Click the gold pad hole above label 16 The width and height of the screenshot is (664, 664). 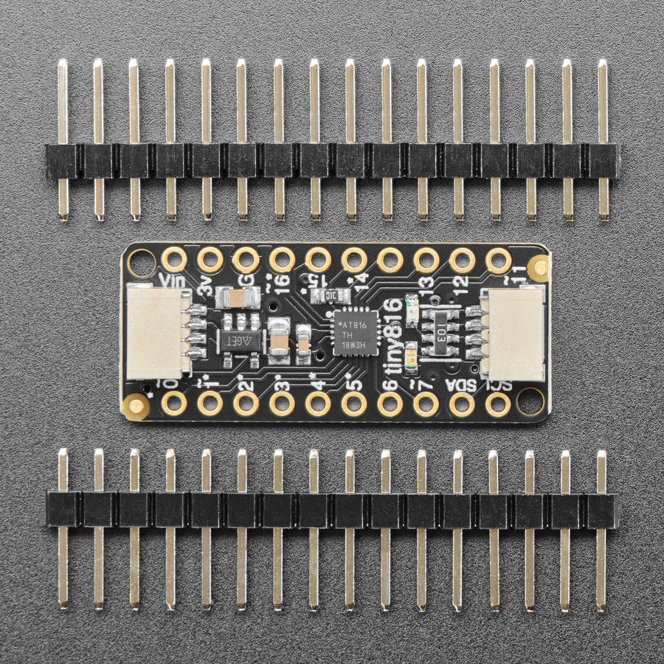tap(282, 259)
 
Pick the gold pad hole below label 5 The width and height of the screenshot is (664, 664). tap(354, 403)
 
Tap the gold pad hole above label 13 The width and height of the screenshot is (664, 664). tap(426, 259)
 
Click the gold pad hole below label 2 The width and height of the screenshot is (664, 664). tap(246, 403)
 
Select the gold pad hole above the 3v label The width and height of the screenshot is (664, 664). tap(210, 259)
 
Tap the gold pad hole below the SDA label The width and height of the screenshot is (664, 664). tap(462, 403)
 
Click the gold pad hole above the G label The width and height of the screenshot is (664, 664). tap(246, 259)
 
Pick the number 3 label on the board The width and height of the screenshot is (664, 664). tap(280, 384)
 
